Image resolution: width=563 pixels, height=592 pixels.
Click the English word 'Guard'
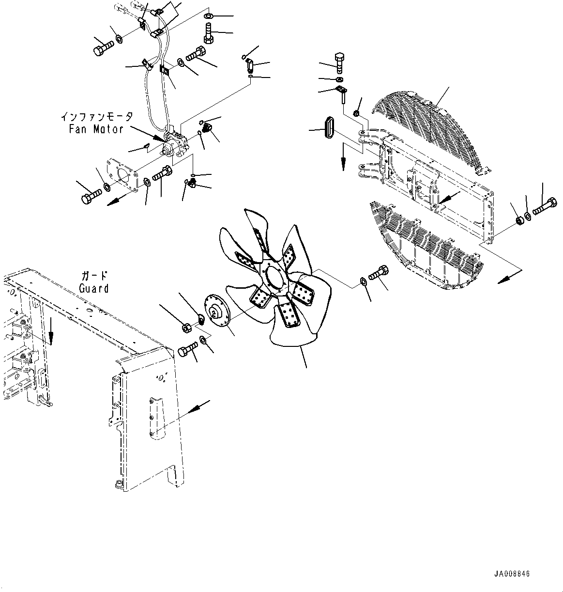click(94, 288)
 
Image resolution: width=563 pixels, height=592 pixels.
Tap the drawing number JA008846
click(512, 574)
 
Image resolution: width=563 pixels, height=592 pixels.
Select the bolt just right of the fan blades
click(379, 273)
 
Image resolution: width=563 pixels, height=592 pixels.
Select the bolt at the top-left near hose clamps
click(102, 47)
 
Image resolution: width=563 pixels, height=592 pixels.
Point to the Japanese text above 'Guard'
click(94, 276)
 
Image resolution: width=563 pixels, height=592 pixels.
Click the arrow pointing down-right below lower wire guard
click(507, 278)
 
